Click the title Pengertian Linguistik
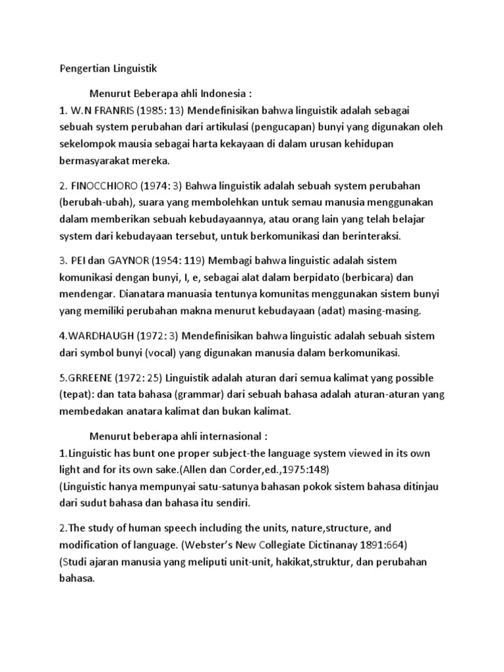pyautogui.click(x=110, y=68)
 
